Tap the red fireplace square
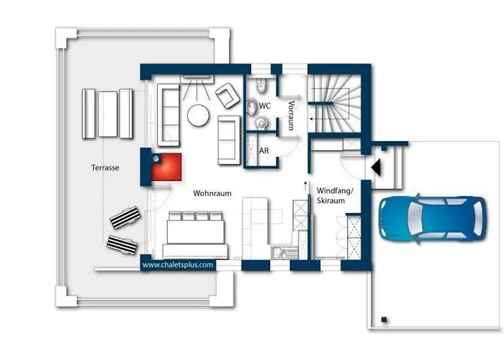pyautogui.click(x=167, y=167)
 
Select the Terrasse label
pyautogui.click(x=105, y=168)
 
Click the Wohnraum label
pyautogui.click(x=212, y=194)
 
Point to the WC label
pyautogui.click(x=264, y=106)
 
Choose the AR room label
pyautogui.click(x=264, y=150)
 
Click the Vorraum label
pyautogui.click(x=291, y=115)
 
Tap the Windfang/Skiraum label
pyautogui.click(x=335, y=195)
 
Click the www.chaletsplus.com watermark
pyautogui.click(x=178, y=265)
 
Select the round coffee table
pyautogui.click(x=198, y=115)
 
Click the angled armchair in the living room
pyautogui.click(x=228, y=96)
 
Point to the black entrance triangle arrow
pyautogui.click(x=376, y=168)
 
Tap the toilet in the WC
pyautogui.click(x=261, y=86)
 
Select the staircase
pyautogui.click(x=334, y=104)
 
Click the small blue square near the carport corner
pyautogui.click(x=384, y=320)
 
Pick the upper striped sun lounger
pyautogui.click(x=125, y=217)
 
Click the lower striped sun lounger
pyautogui.click(x=122, y=245)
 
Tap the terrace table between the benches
pyautogui.click(x=107, y=114)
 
